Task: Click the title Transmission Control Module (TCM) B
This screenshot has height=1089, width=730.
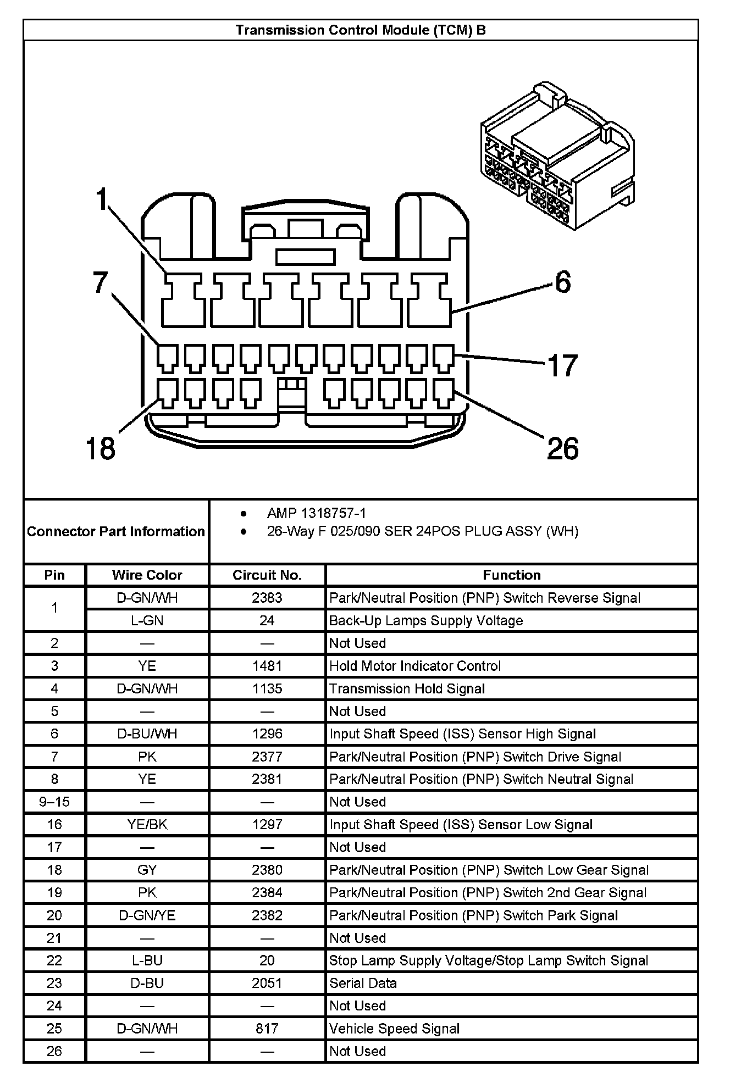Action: point(361,30)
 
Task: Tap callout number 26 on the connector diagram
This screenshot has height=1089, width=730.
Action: point(563,448)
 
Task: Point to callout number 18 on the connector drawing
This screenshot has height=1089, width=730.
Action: point(101,448)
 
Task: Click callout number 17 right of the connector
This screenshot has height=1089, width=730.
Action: point(563,365)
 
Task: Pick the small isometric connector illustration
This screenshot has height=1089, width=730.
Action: point(557,157)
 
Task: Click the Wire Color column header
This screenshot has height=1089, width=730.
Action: point(147,575)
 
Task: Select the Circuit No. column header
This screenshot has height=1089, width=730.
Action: point(267,575)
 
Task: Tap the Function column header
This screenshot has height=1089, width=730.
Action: point(511,575)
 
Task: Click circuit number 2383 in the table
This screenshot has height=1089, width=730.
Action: point(267,598)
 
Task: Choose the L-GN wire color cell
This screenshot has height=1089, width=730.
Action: point(147,620)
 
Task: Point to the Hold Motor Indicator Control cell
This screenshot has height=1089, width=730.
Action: point(415,666)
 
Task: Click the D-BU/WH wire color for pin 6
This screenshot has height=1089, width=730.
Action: point(147,734)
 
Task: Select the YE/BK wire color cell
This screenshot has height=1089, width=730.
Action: point(147,824)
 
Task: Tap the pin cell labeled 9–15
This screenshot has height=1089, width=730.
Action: point(54,802)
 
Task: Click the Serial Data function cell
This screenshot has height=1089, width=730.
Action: point(363,983)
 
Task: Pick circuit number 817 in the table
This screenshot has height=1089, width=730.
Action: point(267,1029)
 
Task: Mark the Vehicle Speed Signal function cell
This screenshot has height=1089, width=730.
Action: point(394,1029)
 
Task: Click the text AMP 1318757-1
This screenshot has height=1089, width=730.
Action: point(316,513)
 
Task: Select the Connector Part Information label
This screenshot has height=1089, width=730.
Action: point(115,531)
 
